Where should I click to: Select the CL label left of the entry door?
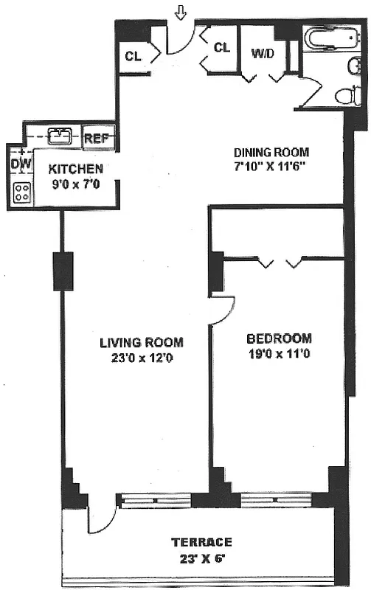[x=134, y=56]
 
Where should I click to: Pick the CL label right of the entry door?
[x=222, y=48]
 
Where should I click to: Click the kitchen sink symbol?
[x=59, y=136]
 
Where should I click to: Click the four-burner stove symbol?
[x=22, y=192]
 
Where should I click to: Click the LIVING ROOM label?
[x=142, y=342]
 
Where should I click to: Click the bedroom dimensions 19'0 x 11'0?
[x=279, y=355]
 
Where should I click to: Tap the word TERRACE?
[x=201, y=542]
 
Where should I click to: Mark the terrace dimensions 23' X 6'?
[x=201, y=558]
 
